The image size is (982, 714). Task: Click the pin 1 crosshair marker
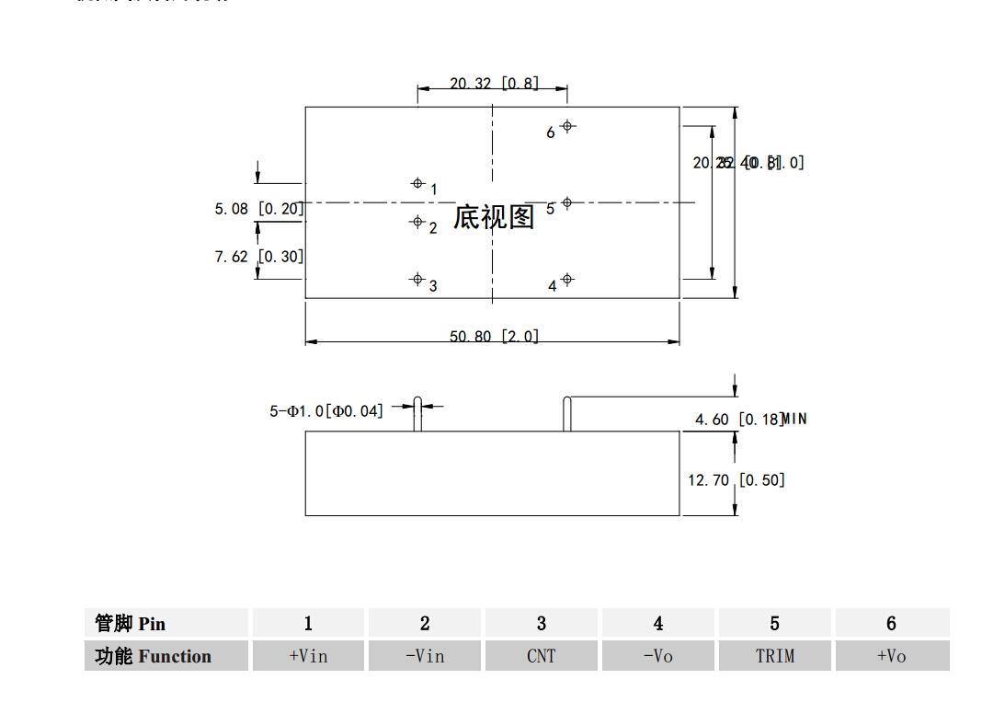click(x=417, y=184)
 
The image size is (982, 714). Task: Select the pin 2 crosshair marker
click(x=417, y=222)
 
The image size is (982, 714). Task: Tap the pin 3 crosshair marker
click(x=417, y=279)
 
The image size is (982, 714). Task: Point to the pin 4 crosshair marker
click(x=567, y=279)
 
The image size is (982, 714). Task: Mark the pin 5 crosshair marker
click(x=567, y=202)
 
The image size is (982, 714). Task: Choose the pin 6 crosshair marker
click(x=567, y=126)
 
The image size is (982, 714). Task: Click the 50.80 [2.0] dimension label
click(x=494, y=337)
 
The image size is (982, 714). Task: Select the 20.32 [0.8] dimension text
click(x=494, y=84)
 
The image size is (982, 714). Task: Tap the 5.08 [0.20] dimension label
click(x=258, y=209)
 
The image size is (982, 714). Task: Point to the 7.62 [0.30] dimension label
click(x=258, y=256)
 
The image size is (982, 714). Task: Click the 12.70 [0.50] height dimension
click(x=736, y=479)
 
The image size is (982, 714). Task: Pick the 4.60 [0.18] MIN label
click(x=750, y=420)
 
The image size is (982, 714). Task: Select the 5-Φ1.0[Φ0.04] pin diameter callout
click(x=326, y=410)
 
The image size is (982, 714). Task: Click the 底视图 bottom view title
click(x=494, y=217)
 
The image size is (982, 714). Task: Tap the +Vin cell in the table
click(x=308, y=656)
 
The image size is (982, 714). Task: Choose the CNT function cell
click(x=541, y=656)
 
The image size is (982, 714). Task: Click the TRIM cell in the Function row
click(x=774, y=656)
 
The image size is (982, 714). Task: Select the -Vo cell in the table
click(x=657, y=656)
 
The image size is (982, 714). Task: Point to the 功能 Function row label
click(x=166, y=656)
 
